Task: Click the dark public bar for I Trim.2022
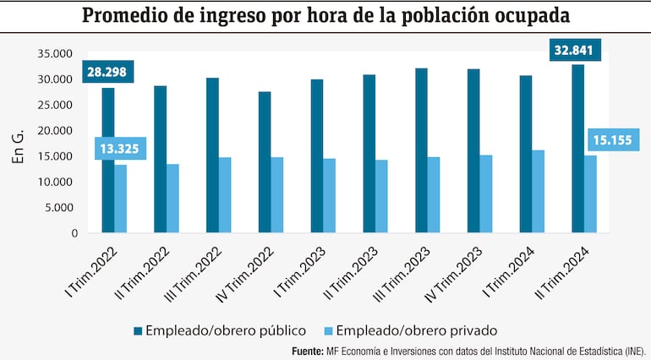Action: (108, 161)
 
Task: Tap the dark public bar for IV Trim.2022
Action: (265, 162)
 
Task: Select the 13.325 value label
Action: (117, 150)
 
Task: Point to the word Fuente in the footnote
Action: (308, 350)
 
